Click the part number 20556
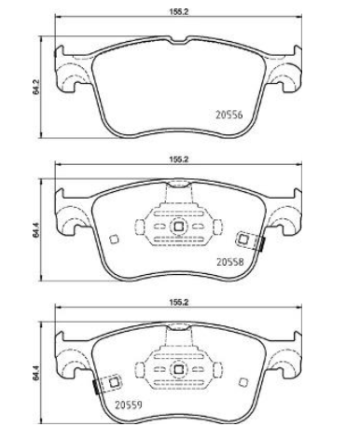[x=229, y=115]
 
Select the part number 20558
[x=230, y=262]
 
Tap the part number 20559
[x=129, y=405]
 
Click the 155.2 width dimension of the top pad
[x=179, y=12]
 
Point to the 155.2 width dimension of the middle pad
[x=179, y=159]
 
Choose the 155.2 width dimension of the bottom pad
[x=179, y=302]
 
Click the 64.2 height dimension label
[x=36, y=87]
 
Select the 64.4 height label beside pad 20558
[x=36, y=230]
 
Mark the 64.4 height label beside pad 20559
[x=36, y=373]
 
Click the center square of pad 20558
[x=178, y=227]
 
